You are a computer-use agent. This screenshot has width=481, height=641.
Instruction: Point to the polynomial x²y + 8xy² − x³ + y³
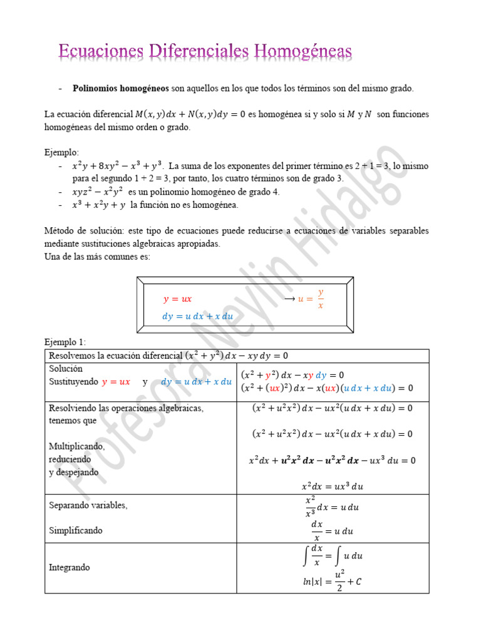click(x=118, y=167)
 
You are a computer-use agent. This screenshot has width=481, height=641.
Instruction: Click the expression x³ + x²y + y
click(x=98, y=205)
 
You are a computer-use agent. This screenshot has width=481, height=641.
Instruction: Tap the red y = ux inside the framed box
click(x=177, y=299)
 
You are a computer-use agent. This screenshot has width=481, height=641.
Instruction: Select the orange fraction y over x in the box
click(x=321, y=299)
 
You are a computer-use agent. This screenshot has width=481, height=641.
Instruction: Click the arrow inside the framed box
click(x=289, y=299)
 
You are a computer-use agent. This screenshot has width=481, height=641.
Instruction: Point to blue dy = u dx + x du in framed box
click(x=197, y=316)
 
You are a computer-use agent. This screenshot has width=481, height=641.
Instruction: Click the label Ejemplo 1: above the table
click(x=65, y=342)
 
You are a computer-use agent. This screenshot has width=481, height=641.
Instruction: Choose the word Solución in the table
click(x=66, y=369)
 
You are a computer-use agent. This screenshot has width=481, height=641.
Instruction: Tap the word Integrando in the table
click(x=69, y=567)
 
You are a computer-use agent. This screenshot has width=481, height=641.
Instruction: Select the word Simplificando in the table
click(x=76, y=530)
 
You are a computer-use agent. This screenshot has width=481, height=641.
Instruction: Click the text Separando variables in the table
click(x=88, y=505)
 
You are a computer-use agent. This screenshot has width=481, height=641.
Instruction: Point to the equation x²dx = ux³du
click(x=332, y=486)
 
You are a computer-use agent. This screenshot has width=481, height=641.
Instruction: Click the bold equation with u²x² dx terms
click(x=332, y=460)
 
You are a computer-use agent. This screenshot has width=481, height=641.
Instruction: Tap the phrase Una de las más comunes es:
click(x=97, y=257)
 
